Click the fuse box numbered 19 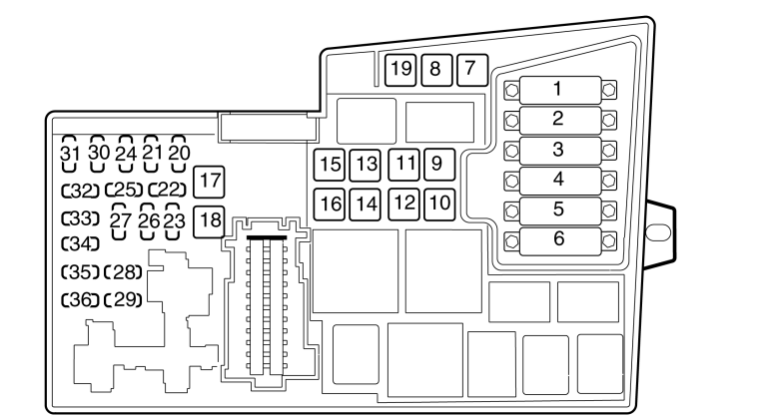coord(400,71)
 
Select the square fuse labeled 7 coord(472,71)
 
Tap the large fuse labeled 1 coord(560,90)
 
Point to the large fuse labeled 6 coord(560,240)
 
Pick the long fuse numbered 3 coord(560,151)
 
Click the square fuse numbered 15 coord(329,165)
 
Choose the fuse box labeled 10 coord(439,204)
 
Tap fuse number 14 coord(365,204)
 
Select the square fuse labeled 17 coord(209,182)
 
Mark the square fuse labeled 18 coord(209,221)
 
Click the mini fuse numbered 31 coord(70,154)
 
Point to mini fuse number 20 coord(179,154)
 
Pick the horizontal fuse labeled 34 coord(80,243)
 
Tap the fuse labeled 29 coord(123,300)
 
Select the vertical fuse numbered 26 coord(148,220)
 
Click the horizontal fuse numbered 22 coord(167,190)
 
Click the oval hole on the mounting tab coord(658,232)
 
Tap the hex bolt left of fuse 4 coord(511,182)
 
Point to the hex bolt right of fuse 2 coord(609,120)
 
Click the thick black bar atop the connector coord(267,237)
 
